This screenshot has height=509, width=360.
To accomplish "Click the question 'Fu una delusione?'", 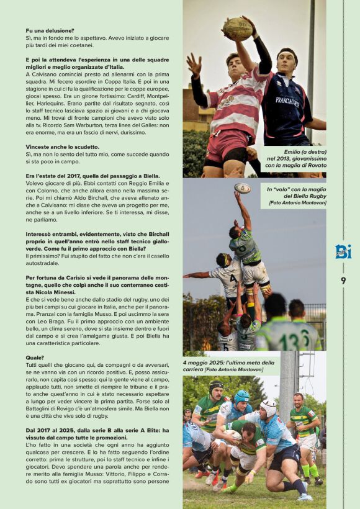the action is [50, 30].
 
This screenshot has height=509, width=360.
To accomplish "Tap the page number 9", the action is [343, 281].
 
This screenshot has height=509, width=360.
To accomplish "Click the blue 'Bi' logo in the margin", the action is [343, 251].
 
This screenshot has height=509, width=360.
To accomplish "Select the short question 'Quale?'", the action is [35, 358].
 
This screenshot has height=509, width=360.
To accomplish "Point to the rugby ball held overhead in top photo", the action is [238, 29].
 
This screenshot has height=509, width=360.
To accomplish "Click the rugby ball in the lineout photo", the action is [243, 188].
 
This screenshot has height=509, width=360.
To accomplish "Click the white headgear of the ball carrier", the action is [268, 408].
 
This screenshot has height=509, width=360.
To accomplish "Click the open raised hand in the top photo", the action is [194, 65].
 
